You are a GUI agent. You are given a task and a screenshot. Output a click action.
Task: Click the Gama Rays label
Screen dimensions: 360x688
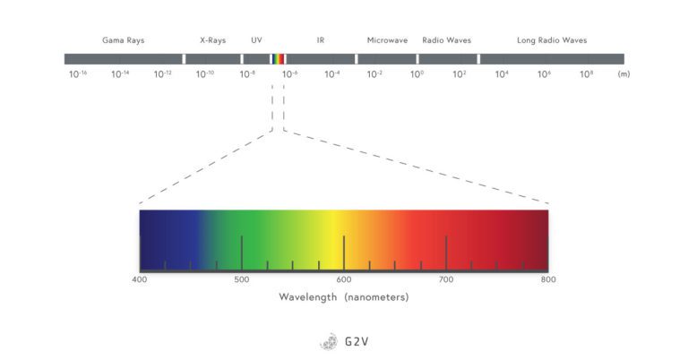(x=124, y=40)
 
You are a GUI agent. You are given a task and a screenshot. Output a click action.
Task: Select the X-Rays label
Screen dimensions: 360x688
(x=212, y=40)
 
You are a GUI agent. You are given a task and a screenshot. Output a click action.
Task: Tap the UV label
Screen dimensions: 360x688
(x=256, y=40)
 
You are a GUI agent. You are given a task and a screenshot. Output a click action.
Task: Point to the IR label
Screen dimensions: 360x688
(x=321, y=40)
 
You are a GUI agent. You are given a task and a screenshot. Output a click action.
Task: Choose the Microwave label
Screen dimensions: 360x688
(x=388, y=40)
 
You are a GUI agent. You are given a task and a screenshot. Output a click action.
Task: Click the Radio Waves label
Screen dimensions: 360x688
(x=446, y=40)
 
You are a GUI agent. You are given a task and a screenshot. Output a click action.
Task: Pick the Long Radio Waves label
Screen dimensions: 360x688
(x=552, y=40)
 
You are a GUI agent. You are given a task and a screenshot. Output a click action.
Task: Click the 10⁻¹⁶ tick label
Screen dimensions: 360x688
(x=78, y=73)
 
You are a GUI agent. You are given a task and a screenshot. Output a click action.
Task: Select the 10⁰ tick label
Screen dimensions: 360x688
(x=417, y=73)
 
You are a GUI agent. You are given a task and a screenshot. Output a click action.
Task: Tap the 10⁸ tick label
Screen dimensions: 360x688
(x=587, y=73)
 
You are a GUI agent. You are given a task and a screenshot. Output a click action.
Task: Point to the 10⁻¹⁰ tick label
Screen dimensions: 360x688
(x=205, y=73)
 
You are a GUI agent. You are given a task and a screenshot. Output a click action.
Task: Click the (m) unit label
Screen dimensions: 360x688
(x=623, y=73)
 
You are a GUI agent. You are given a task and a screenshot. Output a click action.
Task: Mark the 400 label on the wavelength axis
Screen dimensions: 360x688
(x=140, y=279)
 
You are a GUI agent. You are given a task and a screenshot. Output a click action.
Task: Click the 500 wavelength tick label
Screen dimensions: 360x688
(x=241, y=279)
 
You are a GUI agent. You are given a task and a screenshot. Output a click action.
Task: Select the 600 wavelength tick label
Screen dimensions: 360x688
(x=343, y=279)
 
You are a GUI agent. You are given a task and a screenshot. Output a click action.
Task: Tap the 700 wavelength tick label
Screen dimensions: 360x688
(x=445, y=279)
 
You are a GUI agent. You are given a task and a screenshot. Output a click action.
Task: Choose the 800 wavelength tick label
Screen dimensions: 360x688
(x=547, y=279)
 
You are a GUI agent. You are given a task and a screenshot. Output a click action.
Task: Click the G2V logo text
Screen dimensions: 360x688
(x=355, y=341)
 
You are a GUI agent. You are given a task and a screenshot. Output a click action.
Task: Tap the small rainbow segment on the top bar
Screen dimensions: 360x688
(x=279, y=59)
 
